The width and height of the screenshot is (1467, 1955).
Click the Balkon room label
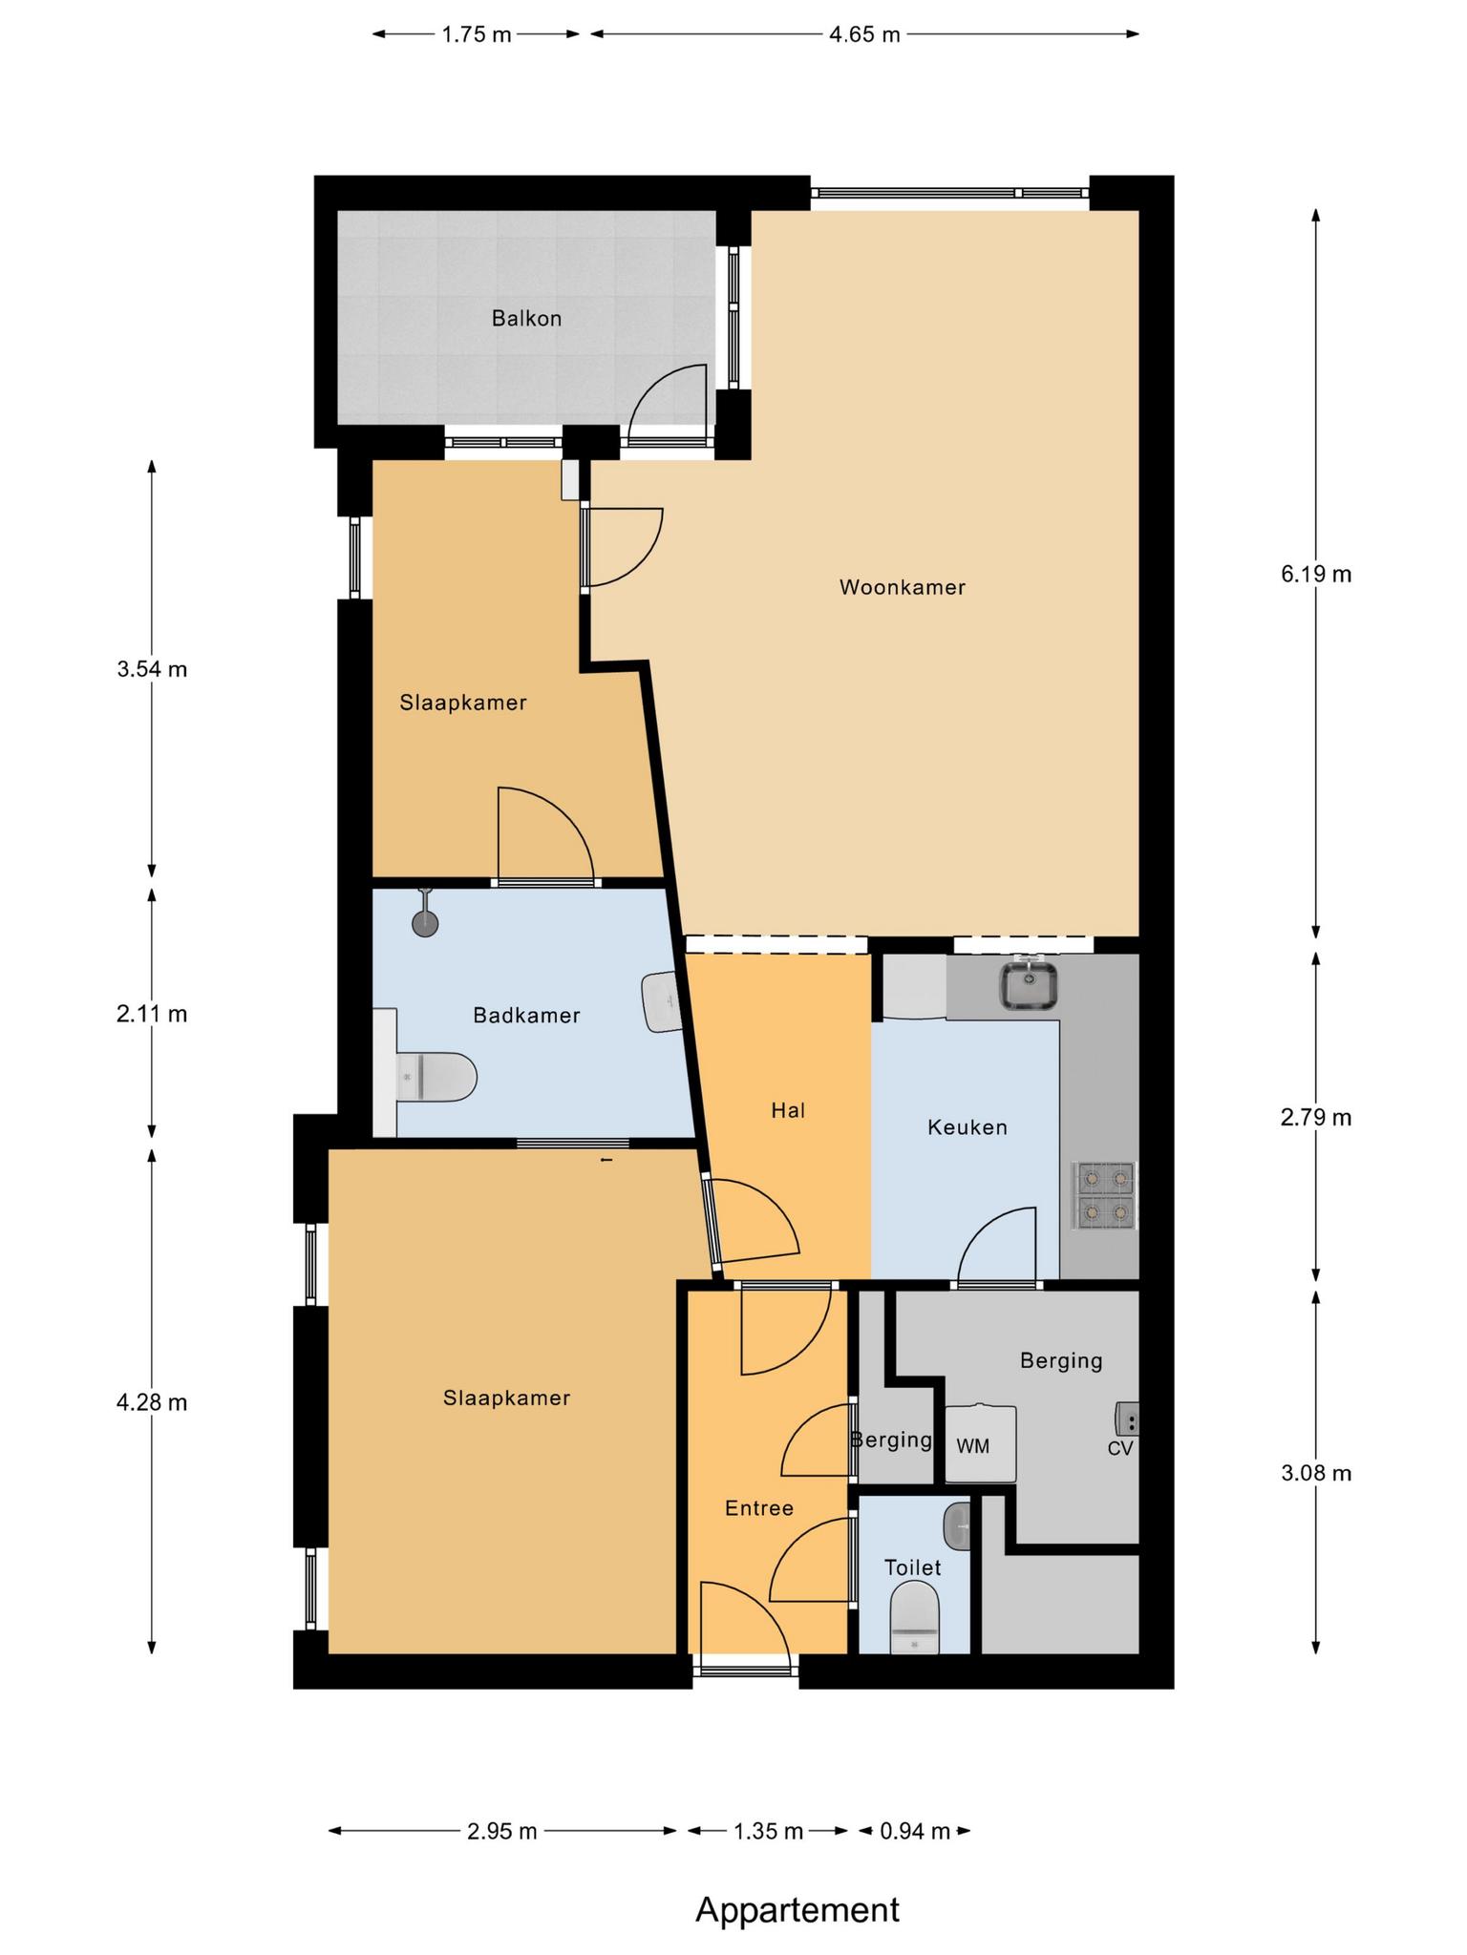coord(526,319)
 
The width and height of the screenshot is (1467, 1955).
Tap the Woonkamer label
coord(903,587)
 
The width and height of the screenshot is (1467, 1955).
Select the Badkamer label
coord(526,1016)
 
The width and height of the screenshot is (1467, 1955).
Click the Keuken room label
coord(967,1127)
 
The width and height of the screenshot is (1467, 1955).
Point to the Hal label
coord(789,1110)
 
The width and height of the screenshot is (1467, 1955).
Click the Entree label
coord(759,1508)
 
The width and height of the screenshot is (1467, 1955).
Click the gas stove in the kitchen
coord(1105,1195)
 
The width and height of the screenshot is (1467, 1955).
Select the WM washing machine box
coord(981,1444)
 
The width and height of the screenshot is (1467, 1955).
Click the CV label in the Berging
coord(1120,1448)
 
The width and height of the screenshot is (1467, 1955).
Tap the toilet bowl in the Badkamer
coord(436,1077)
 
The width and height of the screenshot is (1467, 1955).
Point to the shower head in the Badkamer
coord(425,914)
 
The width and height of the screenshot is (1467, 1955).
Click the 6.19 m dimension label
coord(1316,574)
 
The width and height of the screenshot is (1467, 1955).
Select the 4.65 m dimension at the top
coord(864,35)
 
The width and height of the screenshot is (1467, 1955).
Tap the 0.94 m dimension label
coord(914,1831)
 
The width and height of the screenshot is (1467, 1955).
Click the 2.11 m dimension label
coord(152,1014)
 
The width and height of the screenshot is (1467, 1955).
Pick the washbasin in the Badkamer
coord(660,1001)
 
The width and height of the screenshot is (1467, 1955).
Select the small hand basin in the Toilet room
coord(958,1527)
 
